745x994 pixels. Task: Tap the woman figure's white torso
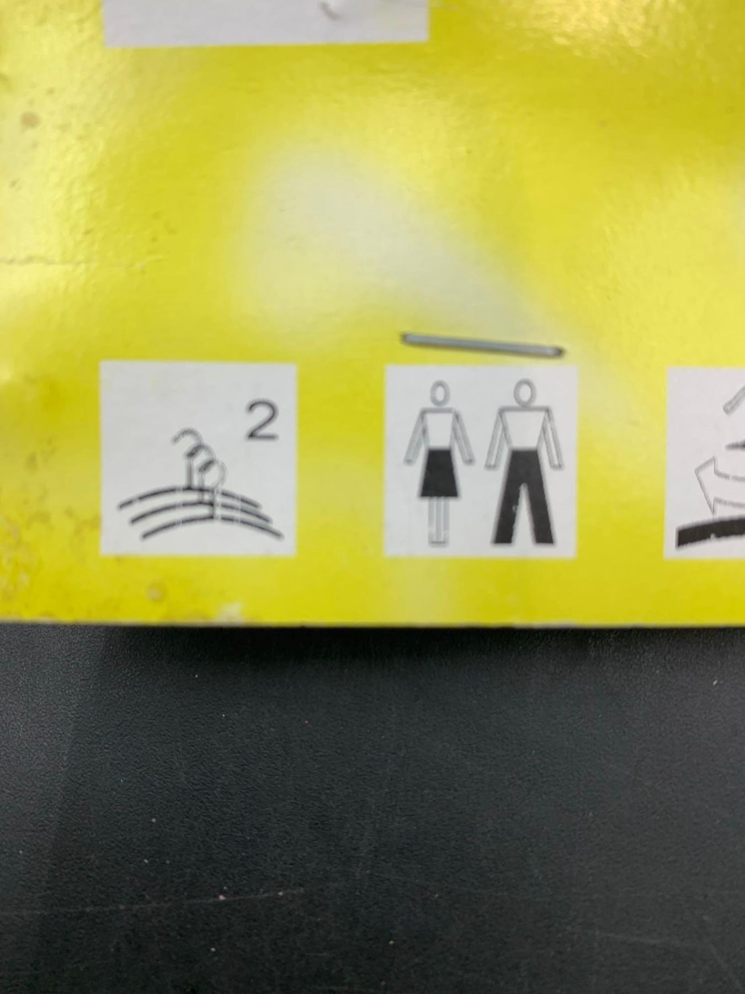pos(440,430)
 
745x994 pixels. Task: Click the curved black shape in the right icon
pos(712,532)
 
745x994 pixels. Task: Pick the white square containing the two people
pos(481,461)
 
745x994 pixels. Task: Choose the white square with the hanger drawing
pos(199,458)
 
